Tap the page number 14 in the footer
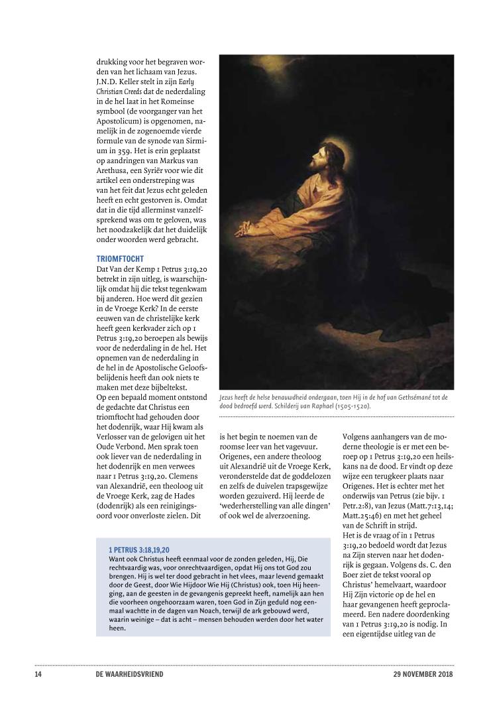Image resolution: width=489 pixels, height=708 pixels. [x=38, y=674]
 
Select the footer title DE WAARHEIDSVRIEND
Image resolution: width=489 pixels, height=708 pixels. [x=129, y=674]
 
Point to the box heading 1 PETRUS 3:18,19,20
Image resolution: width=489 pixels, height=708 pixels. [x=139, y=550]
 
